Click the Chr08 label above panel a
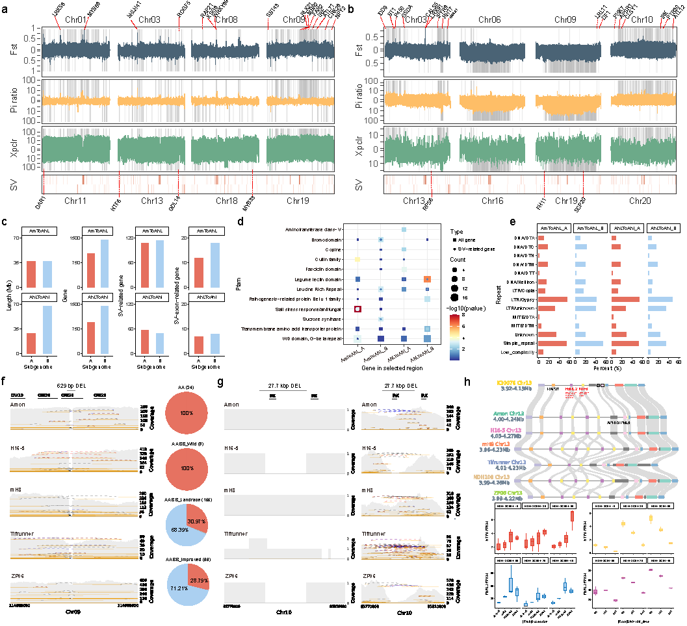tap(226, 20)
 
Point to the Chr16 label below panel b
tap(493, 201)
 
